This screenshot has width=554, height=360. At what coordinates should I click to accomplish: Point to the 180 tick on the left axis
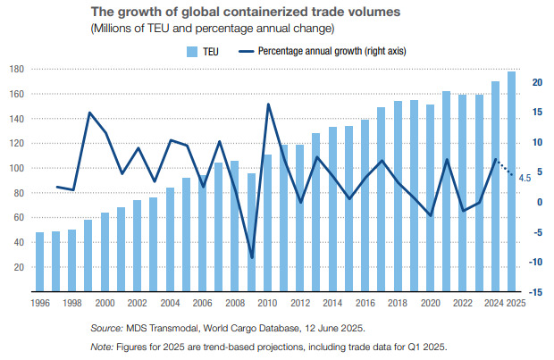point(16,69)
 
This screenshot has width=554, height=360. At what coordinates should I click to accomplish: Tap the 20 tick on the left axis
point(18,267)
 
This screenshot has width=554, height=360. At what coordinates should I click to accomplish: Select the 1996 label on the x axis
point(41,303)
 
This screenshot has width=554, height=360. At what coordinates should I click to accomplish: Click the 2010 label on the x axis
point(267,303)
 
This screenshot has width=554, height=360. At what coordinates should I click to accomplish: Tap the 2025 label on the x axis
point(514,303)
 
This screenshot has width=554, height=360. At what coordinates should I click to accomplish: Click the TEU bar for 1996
point(40,262)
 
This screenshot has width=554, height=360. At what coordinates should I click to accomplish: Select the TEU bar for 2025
point(511,181)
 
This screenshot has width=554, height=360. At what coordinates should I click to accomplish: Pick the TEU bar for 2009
point(251,231)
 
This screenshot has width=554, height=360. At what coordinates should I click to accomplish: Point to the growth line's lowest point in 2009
point(252,257)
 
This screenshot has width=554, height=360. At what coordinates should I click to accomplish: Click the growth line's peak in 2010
point(268,105)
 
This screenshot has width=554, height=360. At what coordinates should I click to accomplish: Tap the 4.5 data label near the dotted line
point(525,179)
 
